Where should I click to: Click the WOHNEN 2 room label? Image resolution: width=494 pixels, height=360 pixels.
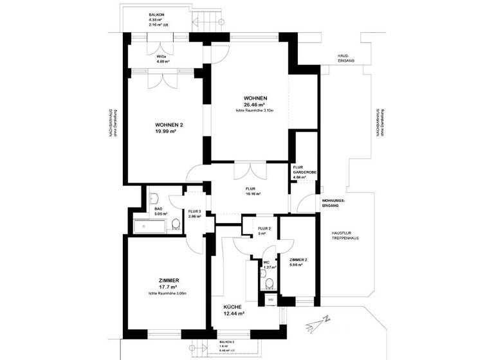tap(169, 124)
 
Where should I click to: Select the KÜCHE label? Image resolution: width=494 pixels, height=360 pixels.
tap(233, 307)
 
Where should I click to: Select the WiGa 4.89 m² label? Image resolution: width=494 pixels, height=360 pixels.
tap(163, 59)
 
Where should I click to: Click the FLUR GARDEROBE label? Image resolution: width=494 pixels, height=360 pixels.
tap(302, 171)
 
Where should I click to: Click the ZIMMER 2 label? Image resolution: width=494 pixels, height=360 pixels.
tap(298, 260)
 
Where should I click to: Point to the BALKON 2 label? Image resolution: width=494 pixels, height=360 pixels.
tap(225, 343)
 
